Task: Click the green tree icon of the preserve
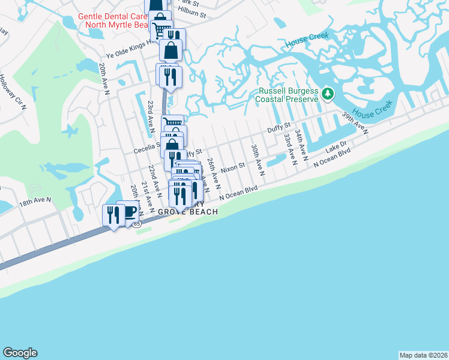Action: pos(327,93)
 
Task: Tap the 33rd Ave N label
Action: pos(290,149)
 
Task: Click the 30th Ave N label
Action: pos(258,159)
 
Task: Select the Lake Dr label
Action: pos(336,146)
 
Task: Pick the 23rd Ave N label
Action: pos(150,116)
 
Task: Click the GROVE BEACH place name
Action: pos(187,212)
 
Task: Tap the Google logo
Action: pos(20,353)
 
